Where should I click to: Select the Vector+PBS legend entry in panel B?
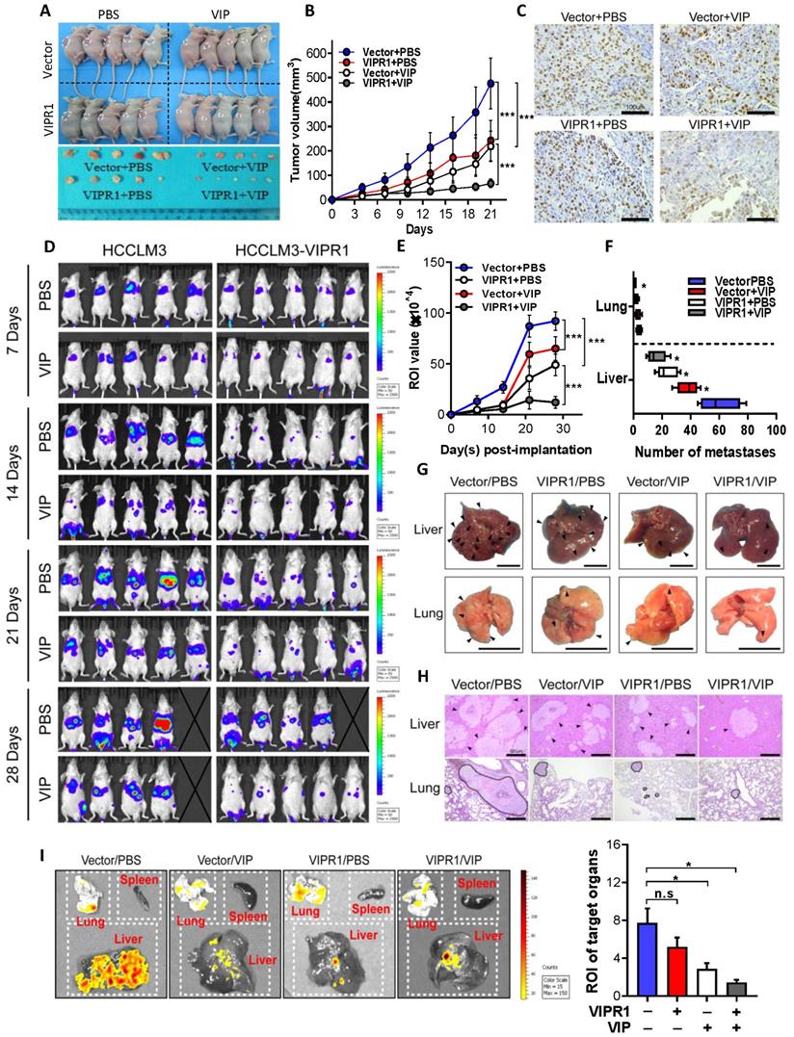coord(394,49)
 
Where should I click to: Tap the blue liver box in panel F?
coord(720,402)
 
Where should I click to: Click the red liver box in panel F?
coord(687,387)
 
